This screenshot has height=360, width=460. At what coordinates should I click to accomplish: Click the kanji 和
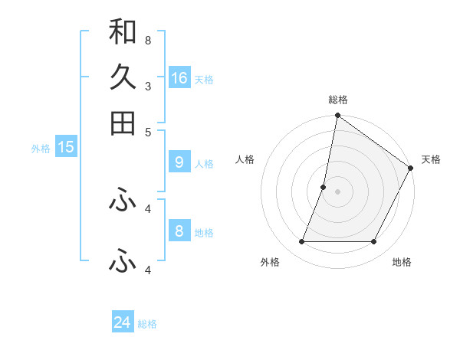coord(123,31)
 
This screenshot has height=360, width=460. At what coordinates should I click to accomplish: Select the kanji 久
coord(123,77)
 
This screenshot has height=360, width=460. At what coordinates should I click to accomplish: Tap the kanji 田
coord(123,123)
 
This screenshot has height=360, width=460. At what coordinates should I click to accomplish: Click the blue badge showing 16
coord(179,78)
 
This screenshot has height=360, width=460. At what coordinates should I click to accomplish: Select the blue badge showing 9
coord(179,162)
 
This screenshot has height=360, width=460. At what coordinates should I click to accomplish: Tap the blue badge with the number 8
coord(179,231)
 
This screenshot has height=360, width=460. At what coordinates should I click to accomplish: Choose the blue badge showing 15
coord(66,147)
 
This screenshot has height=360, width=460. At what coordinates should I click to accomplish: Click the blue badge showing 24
coord(123,322)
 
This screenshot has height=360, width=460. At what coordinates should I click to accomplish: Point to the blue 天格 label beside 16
coord(204,80)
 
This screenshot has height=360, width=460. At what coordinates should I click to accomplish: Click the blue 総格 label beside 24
coord(147,324)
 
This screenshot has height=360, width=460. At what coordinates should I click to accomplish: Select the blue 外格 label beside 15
coord(40,149)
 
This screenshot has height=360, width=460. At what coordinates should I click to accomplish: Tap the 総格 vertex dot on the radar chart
coord(337,116)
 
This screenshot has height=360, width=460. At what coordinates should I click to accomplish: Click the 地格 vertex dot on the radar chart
coord(373,242)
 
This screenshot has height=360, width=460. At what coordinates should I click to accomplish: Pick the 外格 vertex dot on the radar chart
coord(301,242)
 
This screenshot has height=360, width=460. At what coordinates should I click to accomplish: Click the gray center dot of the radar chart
coord(337,191)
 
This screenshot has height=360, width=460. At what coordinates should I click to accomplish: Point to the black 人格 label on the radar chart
coord(245,159)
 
